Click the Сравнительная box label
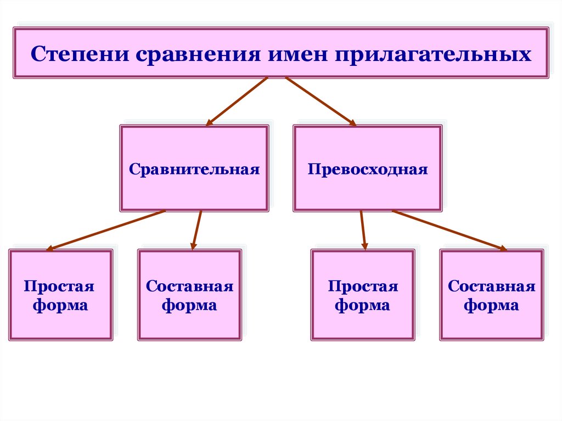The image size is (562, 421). [194, 169]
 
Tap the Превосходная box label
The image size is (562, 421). [368, 169]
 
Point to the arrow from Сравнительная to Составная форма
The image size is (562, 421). [196, 231]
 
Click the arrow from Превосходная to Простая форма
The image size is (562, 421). [363, 231]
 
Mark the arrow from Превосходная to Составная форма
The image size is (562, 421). [449, 231]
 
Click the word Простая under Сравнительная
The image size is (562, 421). [59, 287]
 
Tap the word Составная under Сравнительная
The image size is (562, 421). [190, 287]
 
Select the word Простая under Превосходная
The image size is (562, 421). [363, 287]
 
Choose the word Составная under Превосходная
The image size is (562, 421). [492, 287]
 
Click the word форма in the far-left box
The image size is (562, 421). [60, 305]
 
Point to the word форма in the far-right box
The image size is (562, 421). [492, 305]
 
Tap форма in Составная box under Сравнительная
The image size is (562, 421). [190, 305]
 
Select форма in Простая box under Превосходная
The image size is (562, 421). [363, 305]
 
